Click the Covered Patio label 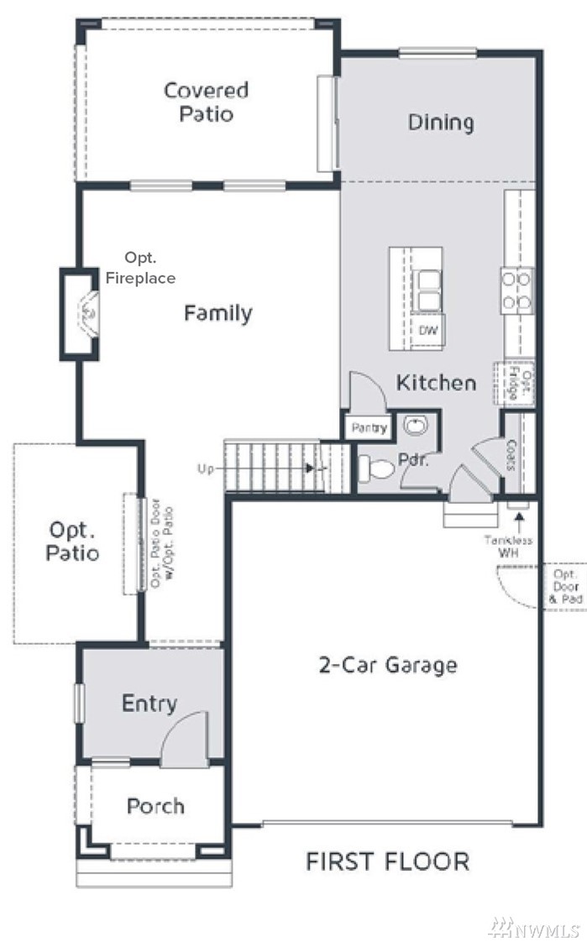coord(206,102)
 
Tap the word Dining coord(441,122)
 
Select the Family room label coord(218,313)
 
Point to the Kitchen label coord(436,382)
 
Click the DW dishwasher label coord(428,330)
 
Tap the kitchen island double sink coord(429,290)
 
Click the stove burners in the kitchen coord(516,290)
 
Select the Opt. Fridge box coord(515,384)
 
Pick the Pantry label coord(369,427)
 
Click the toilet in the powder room coord(376,468)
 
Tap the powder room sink coord(415,426)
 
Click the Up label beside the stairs coord(206,468)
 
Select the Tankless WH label coord(508,546)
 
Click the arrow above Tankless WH coord(518,521)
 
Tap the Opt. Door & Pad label coord(565,586)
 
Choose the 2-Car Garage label coord(387,665)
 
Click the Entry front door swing coord(183,738)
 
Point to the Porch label coord(155,806)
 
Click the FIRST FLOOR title coord(387,861)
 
